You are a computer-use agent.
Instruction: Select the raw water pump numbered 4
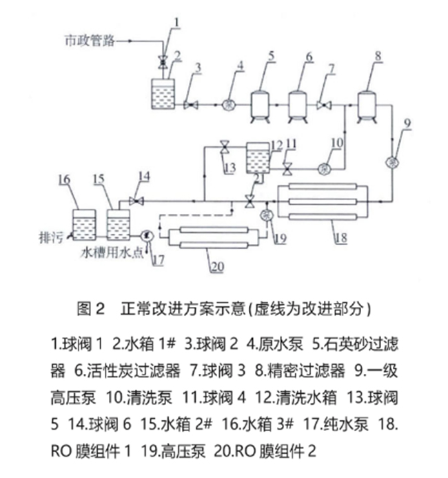coord(227,105)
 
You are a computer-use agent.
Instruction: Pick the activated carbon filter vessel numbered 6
coord(298,105)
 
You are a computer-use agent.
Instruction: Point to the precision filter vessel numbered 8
coord(368,104)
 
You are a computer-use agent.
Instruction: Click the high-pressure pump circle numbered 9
coord(393,161)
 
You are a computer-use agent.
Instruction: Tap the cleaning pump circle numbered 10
coord(325,168)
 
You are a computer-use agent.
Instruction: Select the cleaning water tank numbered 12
coord(258,157)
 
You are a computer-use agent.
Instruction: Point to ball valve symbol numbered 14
coord(136,201)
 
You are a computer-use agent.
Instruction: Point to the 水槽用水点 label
coord(110,252)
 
